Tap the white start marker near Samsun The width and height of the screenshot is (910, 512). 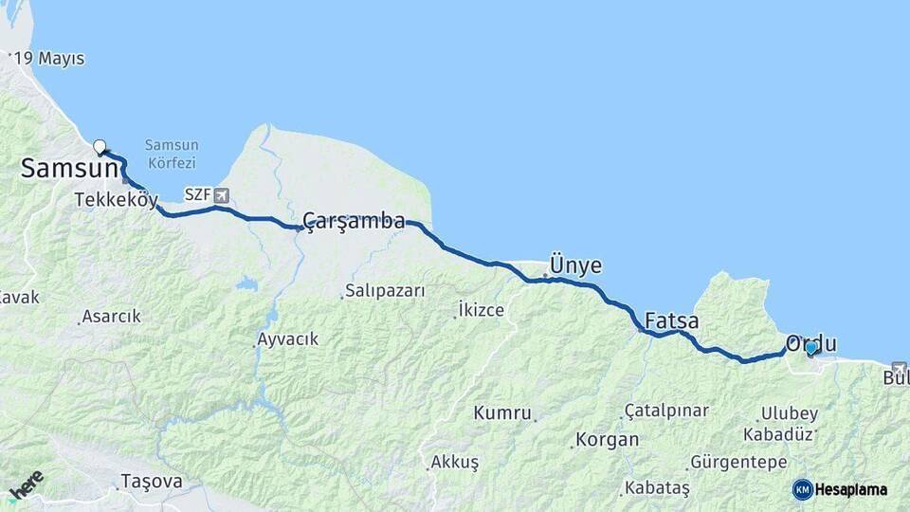tap(100, 147)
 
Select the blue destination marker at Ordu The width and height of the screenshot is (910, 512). tap(810, 348)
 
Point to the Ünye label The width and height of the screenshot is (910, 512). tap(575, 265)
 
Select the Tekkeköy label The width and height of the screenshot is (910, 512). tap(116, 199)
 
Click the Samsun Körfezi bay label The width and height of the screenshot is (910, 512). tap(172, 153)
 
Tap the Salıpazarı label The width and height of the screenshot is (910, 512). tap(385, 290)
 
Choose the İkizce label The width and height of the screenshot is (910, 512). tap(481, 309)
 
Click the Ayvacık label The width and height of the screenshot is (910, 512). tap(287, 338)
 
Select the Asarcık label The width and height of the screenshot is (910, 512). tap(111, 316)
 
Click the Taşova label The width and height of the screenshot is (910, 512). tap(151, 482)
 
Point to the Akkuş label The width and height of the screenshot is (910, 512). tap(454, 462)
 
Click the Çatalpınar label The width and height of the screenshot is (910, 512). tap(665, 411)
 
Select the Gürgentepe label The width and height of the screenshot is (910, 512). tap(738, 463)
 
